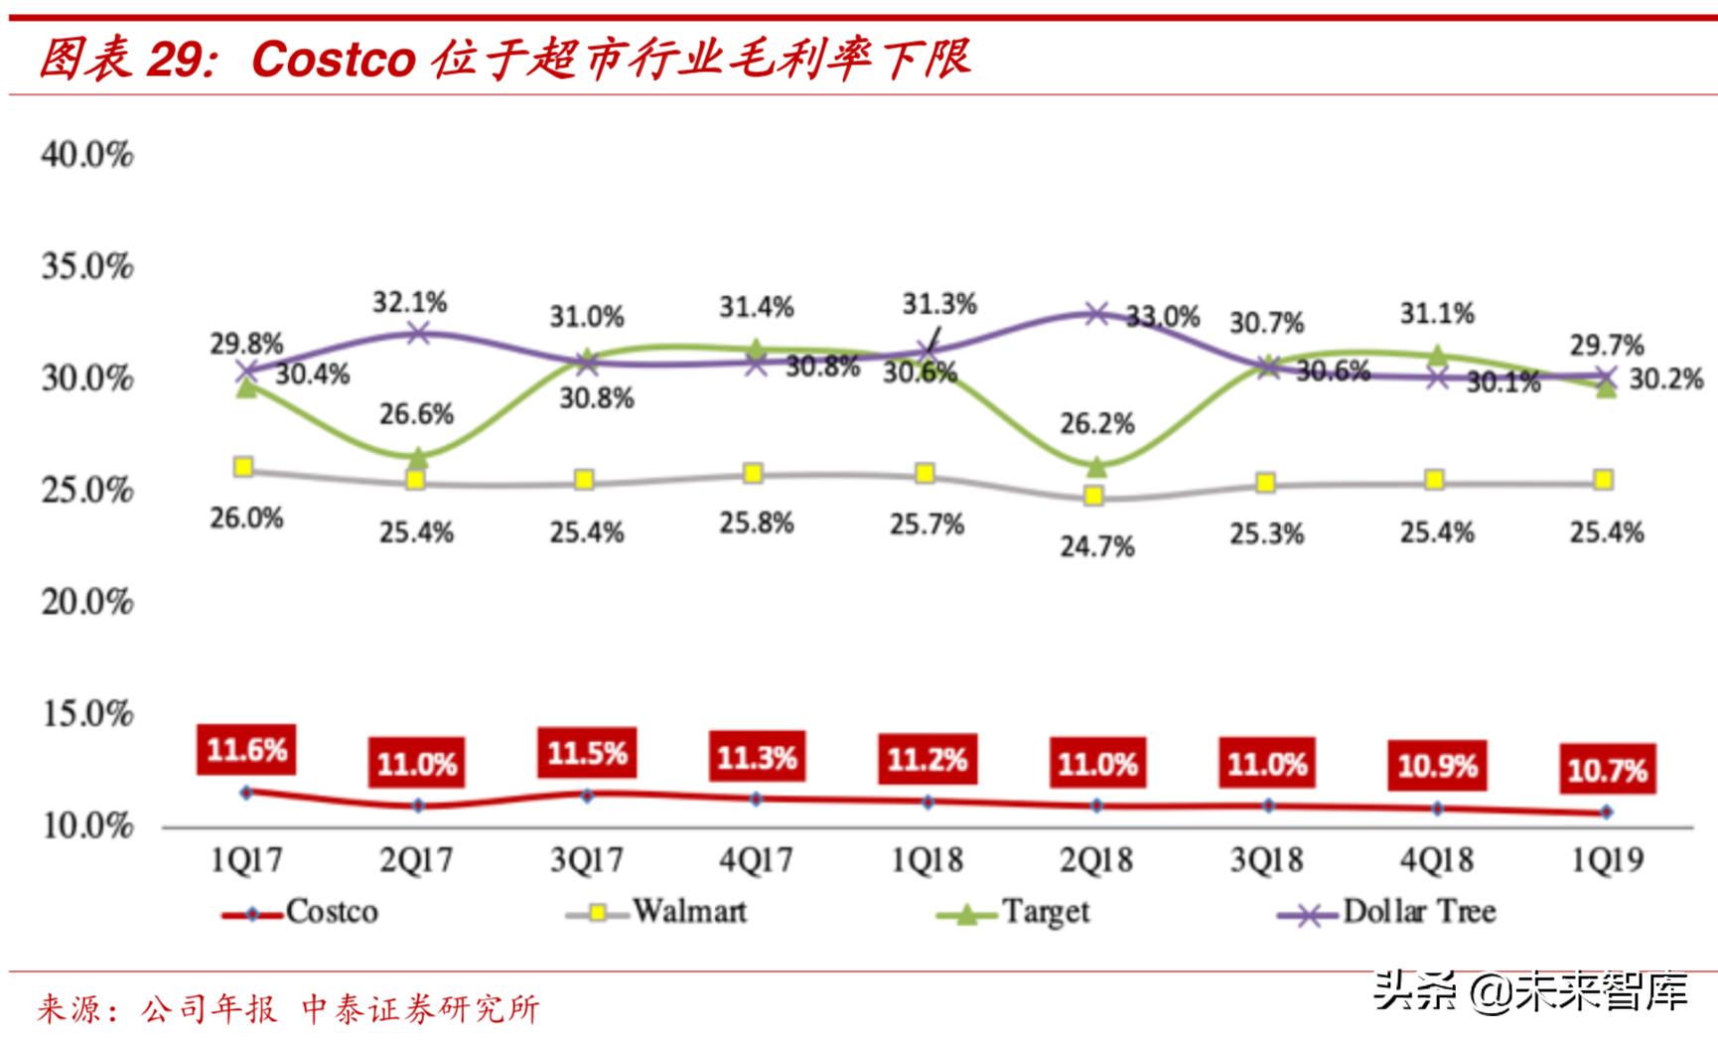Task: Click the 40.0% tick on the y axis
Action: click(87, 154)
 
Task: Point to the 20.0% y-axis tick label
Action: click(87, 602)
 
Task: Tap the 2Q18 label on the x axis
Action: click(1095, 859)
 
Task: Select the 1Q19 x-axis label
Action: click(1606, 859)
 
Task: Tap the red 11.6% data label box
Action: click(246, 749)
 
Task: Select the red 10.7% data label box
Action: click(1607, 769)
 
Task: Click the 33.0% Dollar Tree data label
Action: click(1163, 318)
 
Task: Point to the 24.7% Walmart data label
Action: click(1096, 546)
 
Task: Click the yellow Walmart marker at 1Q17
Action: click(243, 467)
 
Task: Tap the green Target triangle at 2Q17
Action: click(418, 458)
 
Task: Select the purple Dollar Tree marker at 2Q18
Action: click(1095, 314)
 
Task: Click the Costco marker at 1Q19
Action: click(1606, 813)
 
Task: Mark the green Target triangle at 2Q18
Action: click(1095, 466)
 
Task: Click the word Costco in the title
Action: click(333, 60)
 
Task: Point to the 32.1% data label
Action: click(410, 302)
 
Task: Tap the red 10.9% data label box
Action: click(1437, 766)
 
